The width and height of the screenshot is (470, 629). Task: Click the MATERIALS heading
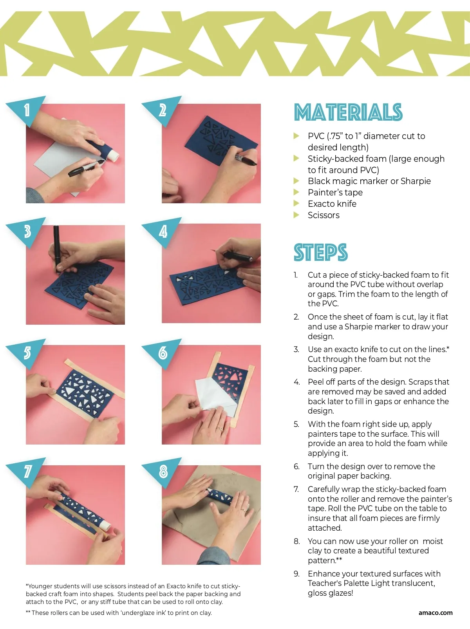pos(348,112)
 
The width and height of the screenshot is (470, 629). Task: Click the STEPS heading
pos(321,253)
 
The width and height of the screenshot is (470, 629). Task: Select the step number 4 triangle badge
pos(161,231)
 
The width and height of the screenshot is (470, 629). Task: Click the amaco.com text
pos(435,613)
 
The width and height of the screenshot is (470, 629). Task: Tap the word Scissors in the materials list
pos(324,215)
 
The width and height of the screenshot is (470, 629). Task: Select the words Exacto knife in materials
pos(332,204)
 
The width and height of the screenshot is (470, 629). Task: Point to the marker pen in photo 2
pos(246,159)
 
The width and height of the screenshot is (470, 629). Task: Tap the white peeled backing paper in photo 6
pos(215,397)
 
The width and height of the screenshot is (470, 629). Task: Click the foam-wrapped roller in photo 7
pos(83,512)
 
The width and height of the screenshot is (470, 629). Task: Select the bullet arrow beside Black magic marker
pos(296,181)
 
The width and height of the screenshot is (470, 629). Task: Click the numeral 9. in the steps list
pos(296,574)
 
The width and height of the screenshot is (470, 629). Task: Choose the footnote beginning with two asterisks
pos(119,613)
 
